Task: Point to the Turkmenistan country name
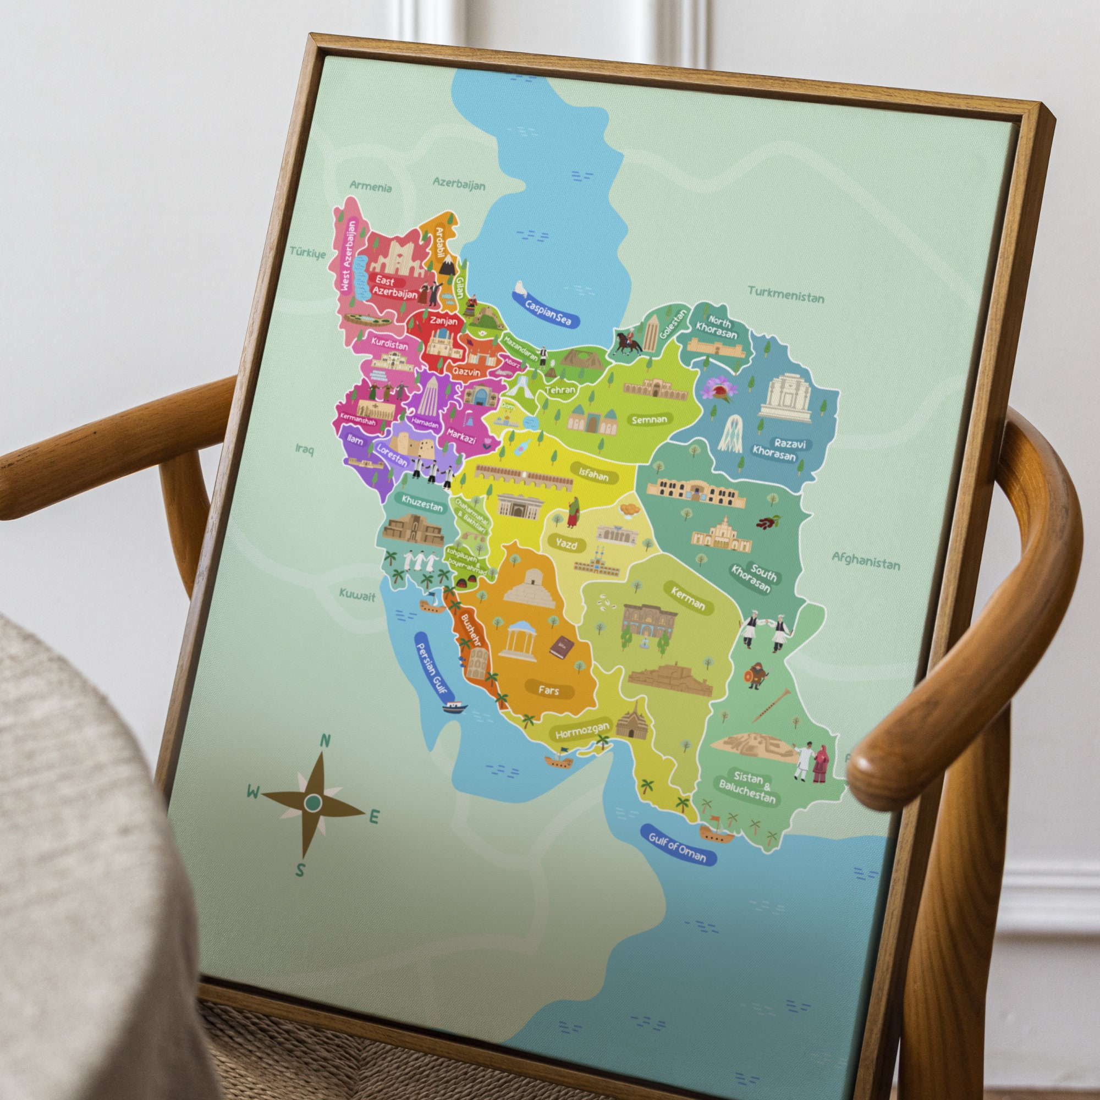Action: (x=786, y=294)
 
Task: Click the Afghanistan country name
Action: (x=866, y=560)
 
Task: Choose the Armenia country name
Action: (x=371, y=186)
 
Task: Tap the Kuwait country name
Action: (x=358, y=595)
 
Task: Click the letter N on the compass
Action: (x=326, y=740)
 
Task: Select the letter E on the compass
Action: (x=373, y=818)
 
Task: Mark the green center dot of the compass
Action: (x=312, y=803)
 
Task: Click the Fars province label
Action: (x=549, y=691)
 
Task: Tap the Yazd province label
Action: (x=566, y=545)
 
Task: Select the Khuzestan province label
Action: (x=422, y=503)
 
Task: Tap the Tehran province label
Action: (x=560, y=391)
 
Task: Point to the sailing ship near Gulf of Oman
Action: (x=716, y=832)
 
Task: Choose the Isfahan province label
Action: (x=594, y=474)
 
